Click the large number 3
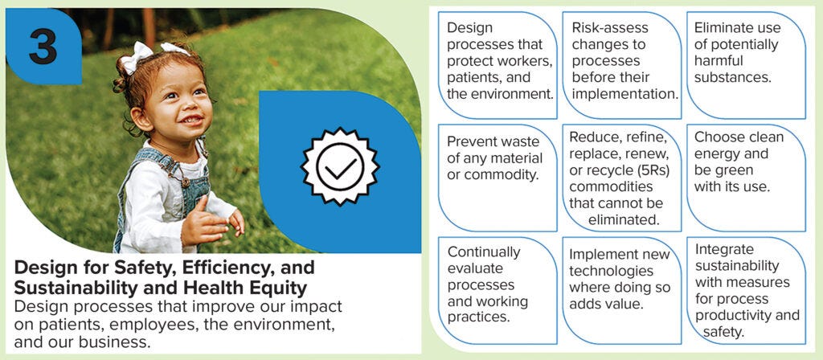pyautogui.click(x=43, y=46)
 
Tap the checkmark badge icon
pyautogui.click(x=340, y=166)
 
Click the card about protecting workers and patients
pyautogui.click(x=497, y=65)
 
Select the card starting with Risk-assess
pyautogui.click(x=621, y=65)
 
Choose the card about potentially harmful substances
pyautogui.click(x=746, y=65)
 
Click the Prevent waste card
pyautogui.click(x=497, y=178)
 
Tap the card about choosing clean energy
pyautogui.click(x=746, y=178)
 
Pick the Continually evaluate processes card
pyautogui.click(x=497, y=290)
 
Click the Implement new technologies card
pyautogui.click(x=621, y=290)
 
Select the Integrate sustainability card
pyautogui.click(x=746, y=290)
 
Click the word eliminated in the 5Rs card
pyautogui.click(x=623, y=220)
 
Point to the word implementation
pyautogui.click(x=624, y=95)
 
